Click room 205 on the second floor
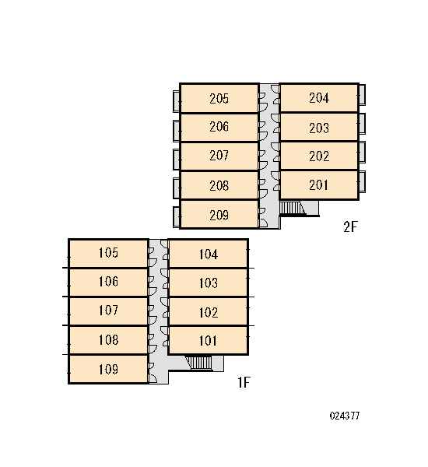[219, 98]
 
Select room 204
[319, 98]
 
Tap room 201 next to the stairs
[319, 185]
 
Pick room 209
[219, 215]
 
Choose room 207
[219, 156]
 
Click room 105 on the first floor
[108, 253]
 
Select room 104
[209, 254]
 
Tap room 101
[209, 340]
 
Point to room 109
[108, 369]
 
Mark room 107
[108, 311]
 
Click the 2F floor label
[350, 227]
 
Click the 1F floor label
[244, 382]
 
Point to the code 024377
[345, 416]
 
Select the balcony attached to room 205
[177, 101]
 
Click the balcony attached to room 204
[362, 94]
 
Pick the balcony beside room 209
[177, 217]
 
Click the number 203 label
[319, 128]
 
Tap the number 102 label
[209, 312]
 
